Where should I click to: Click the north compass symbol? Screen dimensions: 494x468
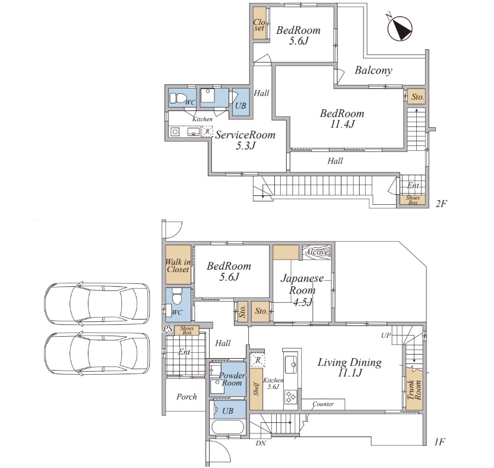click(400, 28)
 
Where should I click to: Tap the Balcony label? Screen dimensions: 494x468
click(373, 70)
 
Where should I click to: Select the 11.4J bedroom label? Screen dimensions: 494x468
click(342, 119)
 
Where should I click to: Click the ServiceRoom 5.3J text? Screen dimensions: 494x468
click(245, 140)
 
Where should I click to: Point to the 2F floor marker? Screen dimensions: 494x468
click(441, 204)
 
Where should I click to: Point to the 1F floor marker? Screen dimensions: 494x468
click(439, 442)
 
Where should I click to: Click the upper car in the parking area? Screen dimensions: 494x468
click(97, 304)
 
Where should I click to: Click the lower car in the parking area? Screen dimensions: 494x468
click(97, 353)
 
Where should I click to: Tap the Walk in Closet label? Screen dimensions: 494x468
click(178, 265)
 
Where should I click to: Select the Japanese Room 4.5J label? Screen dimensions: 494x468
click(302, 290)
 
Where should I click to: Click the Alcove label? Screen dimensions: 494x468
click(318, 252)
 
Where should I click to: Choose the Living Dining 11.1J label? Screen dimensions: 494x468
click(349, 367)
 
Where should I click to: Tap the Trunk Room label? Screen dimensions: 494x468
click(414, 390)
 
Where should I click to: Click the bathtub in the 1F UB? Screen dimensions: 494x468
click(227, 428)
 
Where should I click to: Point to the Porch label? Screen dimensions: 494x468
click(186, 397)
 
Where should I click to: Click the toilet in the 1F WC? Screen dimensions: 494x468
click(177, 296)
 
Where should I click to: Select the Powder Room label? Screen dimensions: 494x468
click(232, 379)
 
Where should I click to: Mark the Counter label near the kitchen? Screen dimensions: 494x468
click(323, 404)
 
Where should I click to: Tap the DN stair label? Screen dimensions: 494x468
click(261, 444)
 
